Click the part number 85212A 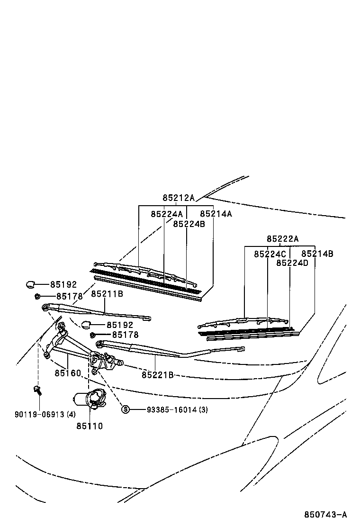coord(179,198)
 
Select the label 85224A coord(167,214)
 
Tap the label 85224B coord(189,224)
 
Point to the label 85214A coord(216,214)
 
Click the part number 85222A coord(283,239)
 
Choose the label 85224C coord(270,254)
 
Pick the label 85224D coord(292,263)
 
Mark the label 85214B coord(317,254)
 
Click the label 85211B coord(107,294)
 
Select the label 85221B coord(157,375)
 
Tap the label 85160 coord(68,373)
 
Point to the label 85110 coord(90,426)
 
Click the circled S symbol coord(126,409)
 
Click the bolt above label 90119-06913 coord(37,391)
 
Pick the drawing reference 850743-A coord(325,514)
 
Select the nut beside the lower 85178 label coord(93,335)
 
